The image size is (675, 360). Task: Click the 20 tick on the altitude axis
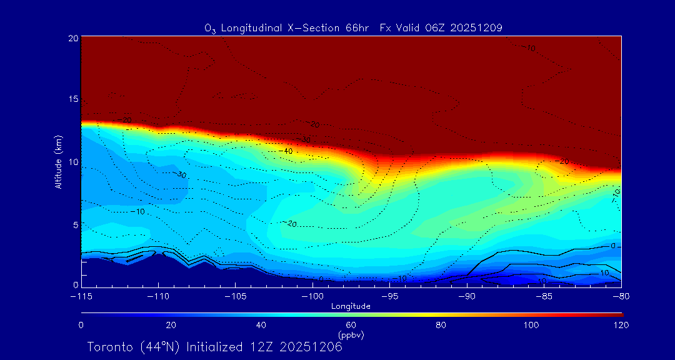[72, 37]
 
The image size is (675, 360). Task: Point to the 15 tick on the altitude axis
[72, 99]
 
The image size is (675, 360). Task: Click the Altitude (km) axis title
[58, 162]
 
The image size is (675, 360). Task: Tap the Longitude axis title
[351, 306]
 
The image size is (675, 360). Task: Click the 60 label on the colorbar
[351, 325]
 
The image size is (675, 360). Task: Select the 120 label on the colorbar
[621, 325]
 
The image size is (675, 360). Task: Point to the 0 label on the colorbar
[81, 325]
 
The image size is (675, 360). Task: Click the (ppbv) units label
[351, 335]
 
